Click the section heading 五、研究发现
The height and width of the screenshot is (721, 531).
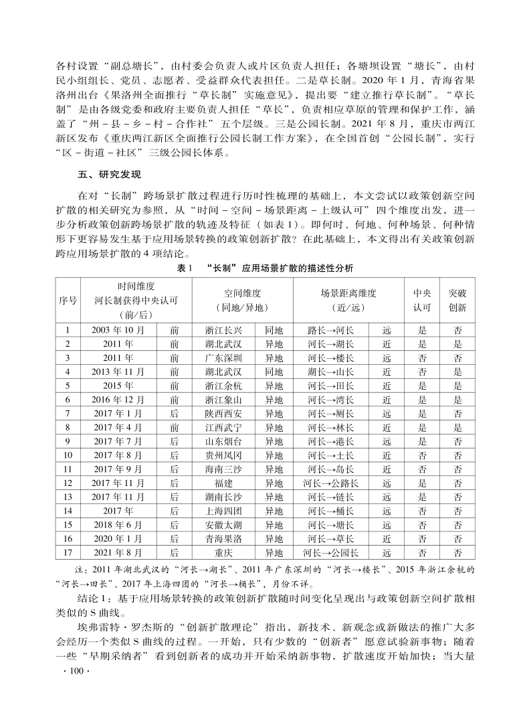click(109, 176)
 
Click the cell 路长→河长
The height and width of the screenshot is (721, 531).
click(331, 330)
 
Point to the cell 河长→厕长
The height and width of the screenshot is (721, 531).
click(331, 414)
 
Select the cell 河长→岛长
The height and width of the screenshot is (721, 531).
click(331, 469)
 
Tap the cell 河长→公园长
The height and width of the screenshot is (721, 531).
click(331, 553)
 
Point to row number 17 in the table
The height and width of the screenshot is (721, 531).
click(68, 553)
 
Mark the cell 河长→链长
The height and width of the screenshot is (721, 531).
click(331, 497)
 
